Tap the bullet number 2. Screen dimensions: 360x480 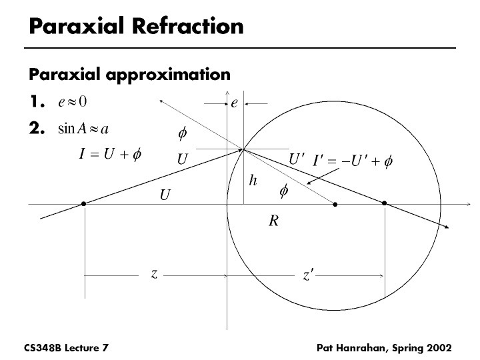[37, 129]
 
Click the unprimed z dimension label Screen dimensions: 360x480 [153, 273]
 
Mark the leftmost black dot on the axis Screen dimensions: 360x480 [84, 204]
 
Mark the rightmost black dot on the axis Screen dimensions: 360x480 [385, 204]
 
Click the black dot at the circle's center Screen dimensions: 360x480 [335, 204]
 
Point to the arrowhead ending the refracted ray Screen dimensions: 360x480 [447, 227]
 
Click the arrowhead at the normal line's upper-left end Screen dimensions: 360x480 [161, 101]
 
